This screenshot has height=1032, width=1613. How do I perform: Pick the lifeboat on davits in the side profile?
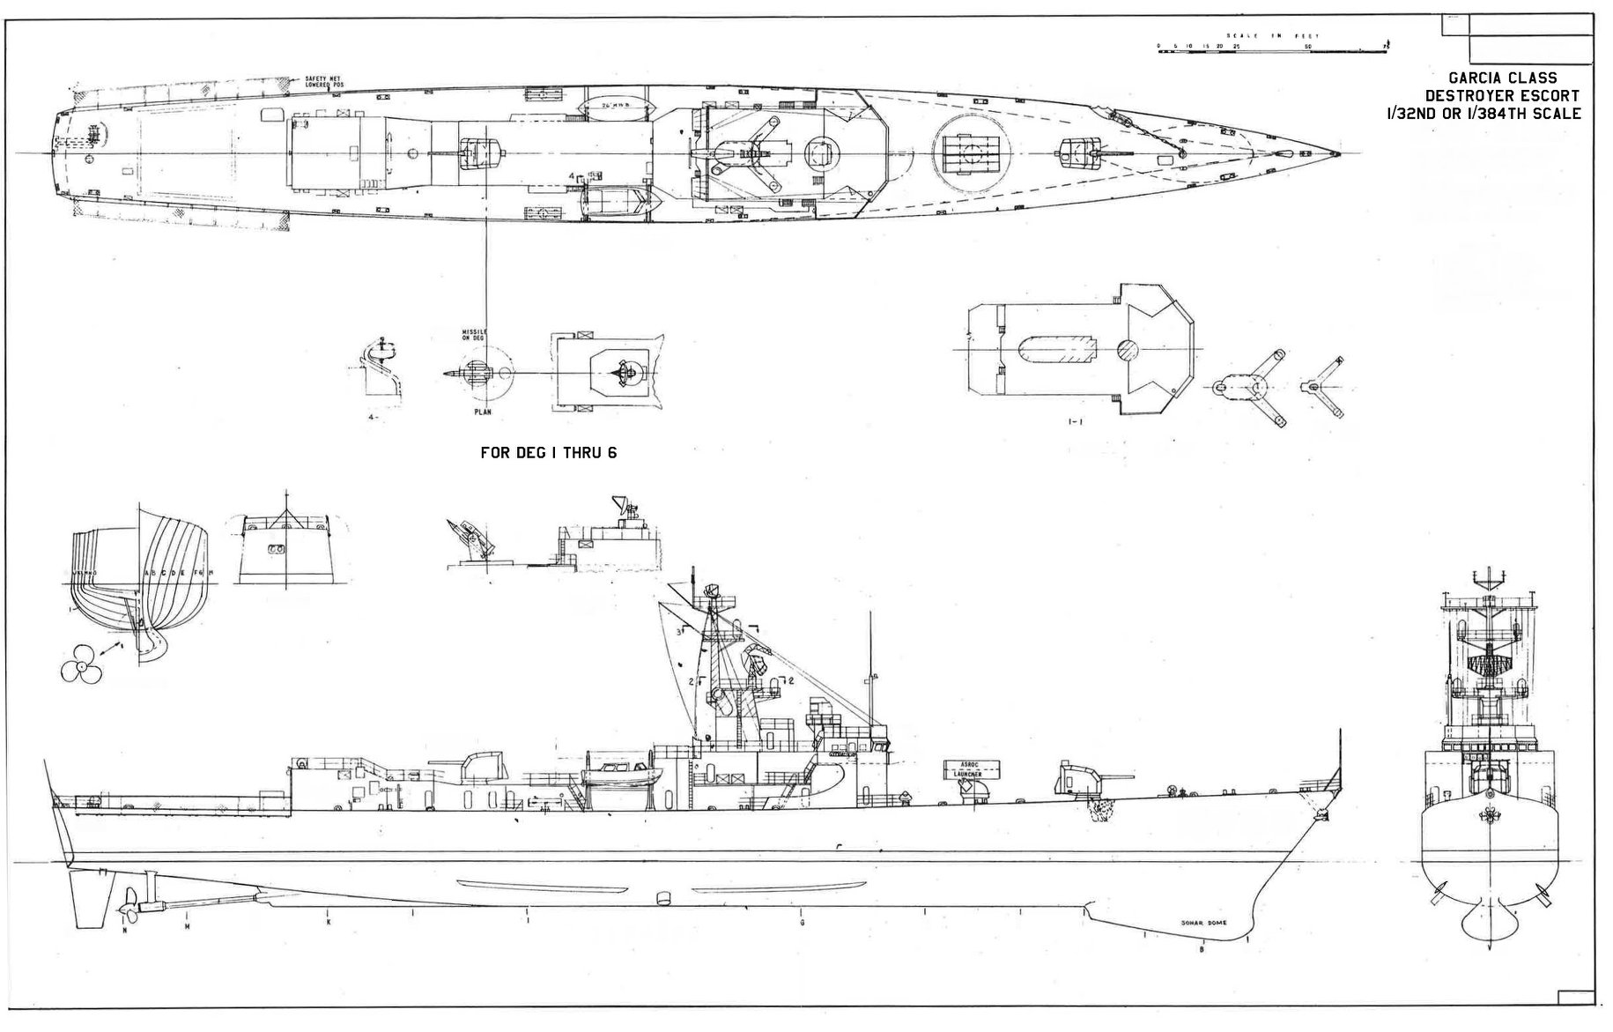point(618,776)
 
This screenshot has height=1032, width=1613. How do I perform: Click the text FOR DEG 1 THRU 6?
point(548,452)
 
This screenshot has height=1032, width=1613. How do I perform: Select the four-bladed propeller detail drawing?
point(81,670)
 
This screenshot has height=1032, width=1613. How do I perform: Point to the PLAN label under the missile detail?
point(480,411)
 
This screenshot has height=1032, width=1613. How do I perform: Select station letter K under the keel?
point(327,922)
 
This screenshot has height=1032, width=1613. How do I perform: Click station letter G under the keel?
point(802,923)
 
